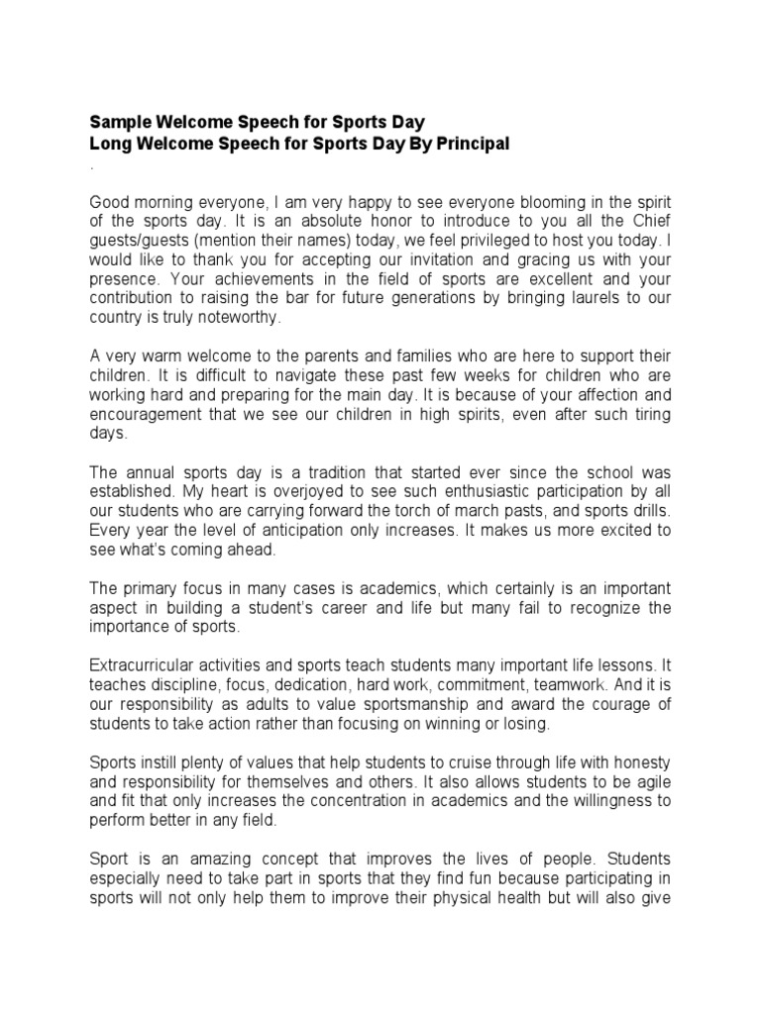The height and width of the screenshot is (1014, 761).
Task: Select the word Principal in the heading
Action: pos(469,145)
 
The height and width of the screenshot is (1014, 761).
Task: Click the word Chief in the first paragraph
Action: pos(649,220)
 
